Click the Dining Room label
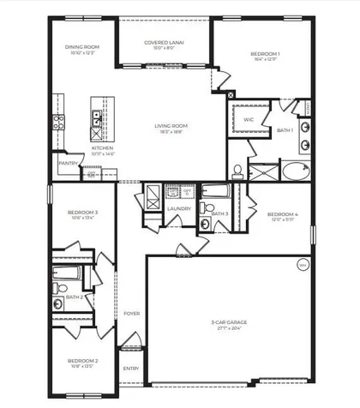pyautogui.click(x=83, y=50)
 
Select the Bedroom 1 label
pyautogui.click(x=264, y=55)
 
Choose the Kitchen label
pyautogui.click(x=103, y=149)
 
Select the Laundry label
pyautogui.click(x=179, y=207)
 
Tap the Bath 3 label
pyautogui.click(x=219, y=213)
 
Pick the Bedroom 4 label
pyautogui.click(x=282, y=214)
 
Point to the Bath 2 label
pyautogui.click(x=74, y=297)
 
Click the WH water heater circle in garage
pyautogui.click(x=303, y=265)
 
